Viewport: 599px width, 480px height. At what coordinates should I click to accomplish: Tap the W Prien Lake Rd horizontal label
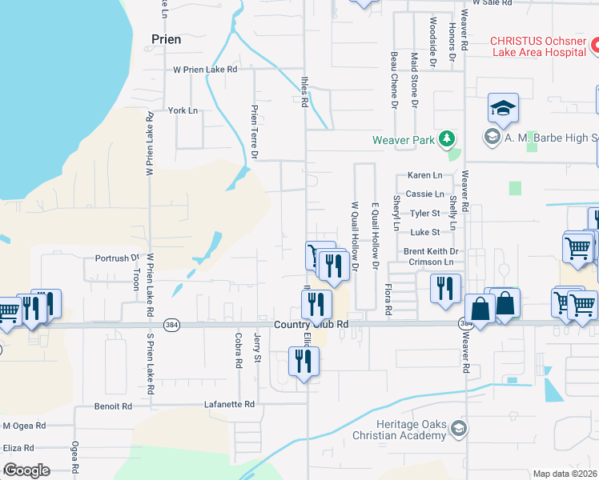206,70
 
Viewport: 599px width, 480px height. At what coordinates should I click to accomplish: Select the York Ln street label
183,110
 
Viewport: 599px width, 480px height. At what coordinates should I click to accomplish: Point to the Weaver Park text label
402,140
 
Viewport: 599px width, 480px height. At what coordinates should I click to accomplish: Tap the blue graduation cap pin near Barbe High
503,108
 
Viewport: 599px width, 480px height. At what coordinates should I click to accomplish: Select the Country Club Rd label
312,324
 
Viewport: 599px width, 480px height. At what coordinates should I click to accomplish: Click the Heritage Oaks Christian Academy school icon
457,429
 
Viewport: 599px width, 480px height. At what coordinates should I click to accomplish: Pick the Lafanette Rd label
229,405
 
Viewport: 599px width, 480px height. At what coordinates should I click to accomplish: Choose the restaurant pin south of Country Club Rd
304,361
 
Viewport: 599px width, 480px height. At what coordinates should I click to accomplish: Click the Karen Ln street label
424,175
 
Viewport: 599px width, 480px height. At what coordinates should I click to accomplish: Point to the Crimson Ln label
430,262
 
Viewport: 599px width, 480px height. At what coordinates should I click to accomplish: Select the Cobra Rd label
239,350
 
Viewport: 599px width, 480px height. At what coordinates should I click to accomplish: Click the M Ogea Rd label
24,426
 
